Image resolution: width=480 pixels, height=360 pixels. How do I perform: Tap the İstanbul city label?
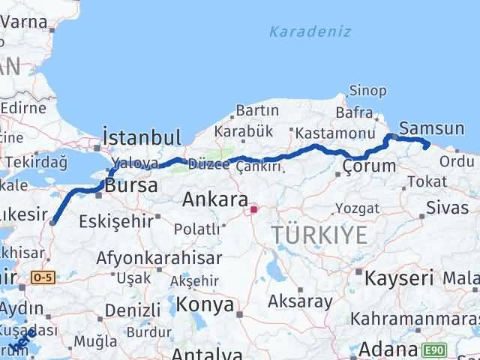[x=142, y=137]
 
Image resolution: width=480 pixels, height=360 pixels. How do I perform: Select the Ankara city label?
[x=216, y=199]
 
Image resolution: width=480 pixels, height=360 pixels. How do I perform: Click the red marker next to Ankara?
[x=254, y=209]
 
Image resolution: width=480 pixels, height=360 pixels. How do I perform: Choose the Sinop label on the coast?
[x=368, y=91]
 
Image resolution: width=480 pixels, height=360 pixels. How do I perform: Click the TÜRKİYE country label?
[x=320, y=235]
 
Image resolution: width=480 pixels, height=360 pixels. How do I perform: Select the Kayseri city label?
[x=399, y=278]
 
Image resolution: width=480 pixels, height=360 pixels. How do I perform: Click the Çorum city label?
[x=368, y=166]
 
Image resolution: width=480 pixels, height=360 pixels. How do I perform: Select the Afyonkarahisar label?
[x=159, y=258]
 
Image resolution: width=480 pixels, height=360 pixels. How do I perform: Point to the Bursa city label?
[x=131, y=185]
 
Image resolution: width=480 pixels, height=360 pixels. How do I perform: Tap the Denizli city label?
[x=133, y=310]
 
